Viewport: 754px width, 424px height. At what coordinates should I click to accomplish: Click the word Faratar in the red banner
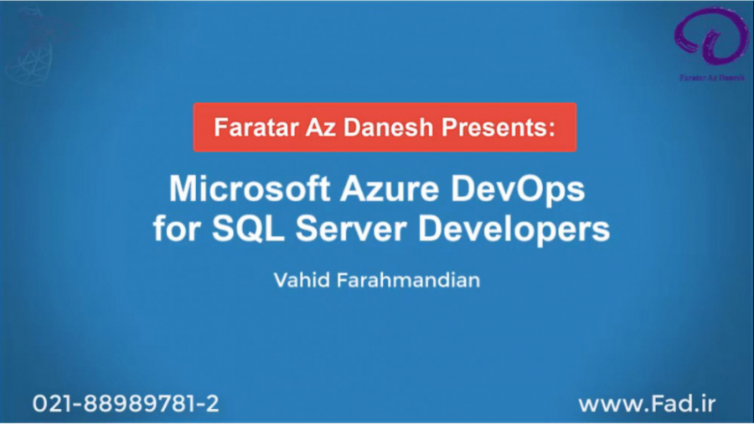[249, 128]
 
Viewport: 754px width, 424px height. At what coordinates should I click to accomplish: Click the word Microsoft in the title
[248, 190]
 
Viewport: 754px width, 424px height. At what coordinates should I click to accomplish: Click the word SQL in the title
[244, 229]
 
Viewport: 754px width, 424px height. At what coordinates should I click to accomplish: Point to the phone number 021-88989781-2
[126, 403]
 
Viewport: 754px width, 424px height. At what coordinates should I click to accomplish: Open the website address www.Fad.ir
[647, 403]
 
